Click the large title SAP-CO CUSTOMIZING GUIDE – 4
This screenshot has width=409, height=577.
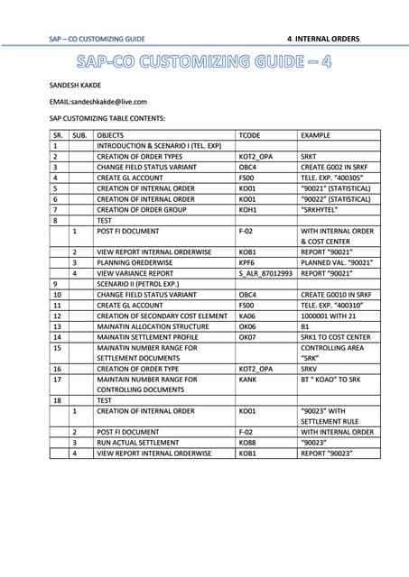click(204, 62)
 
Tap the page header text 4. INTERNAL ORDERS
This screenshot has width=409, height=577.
click(322, 39)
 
